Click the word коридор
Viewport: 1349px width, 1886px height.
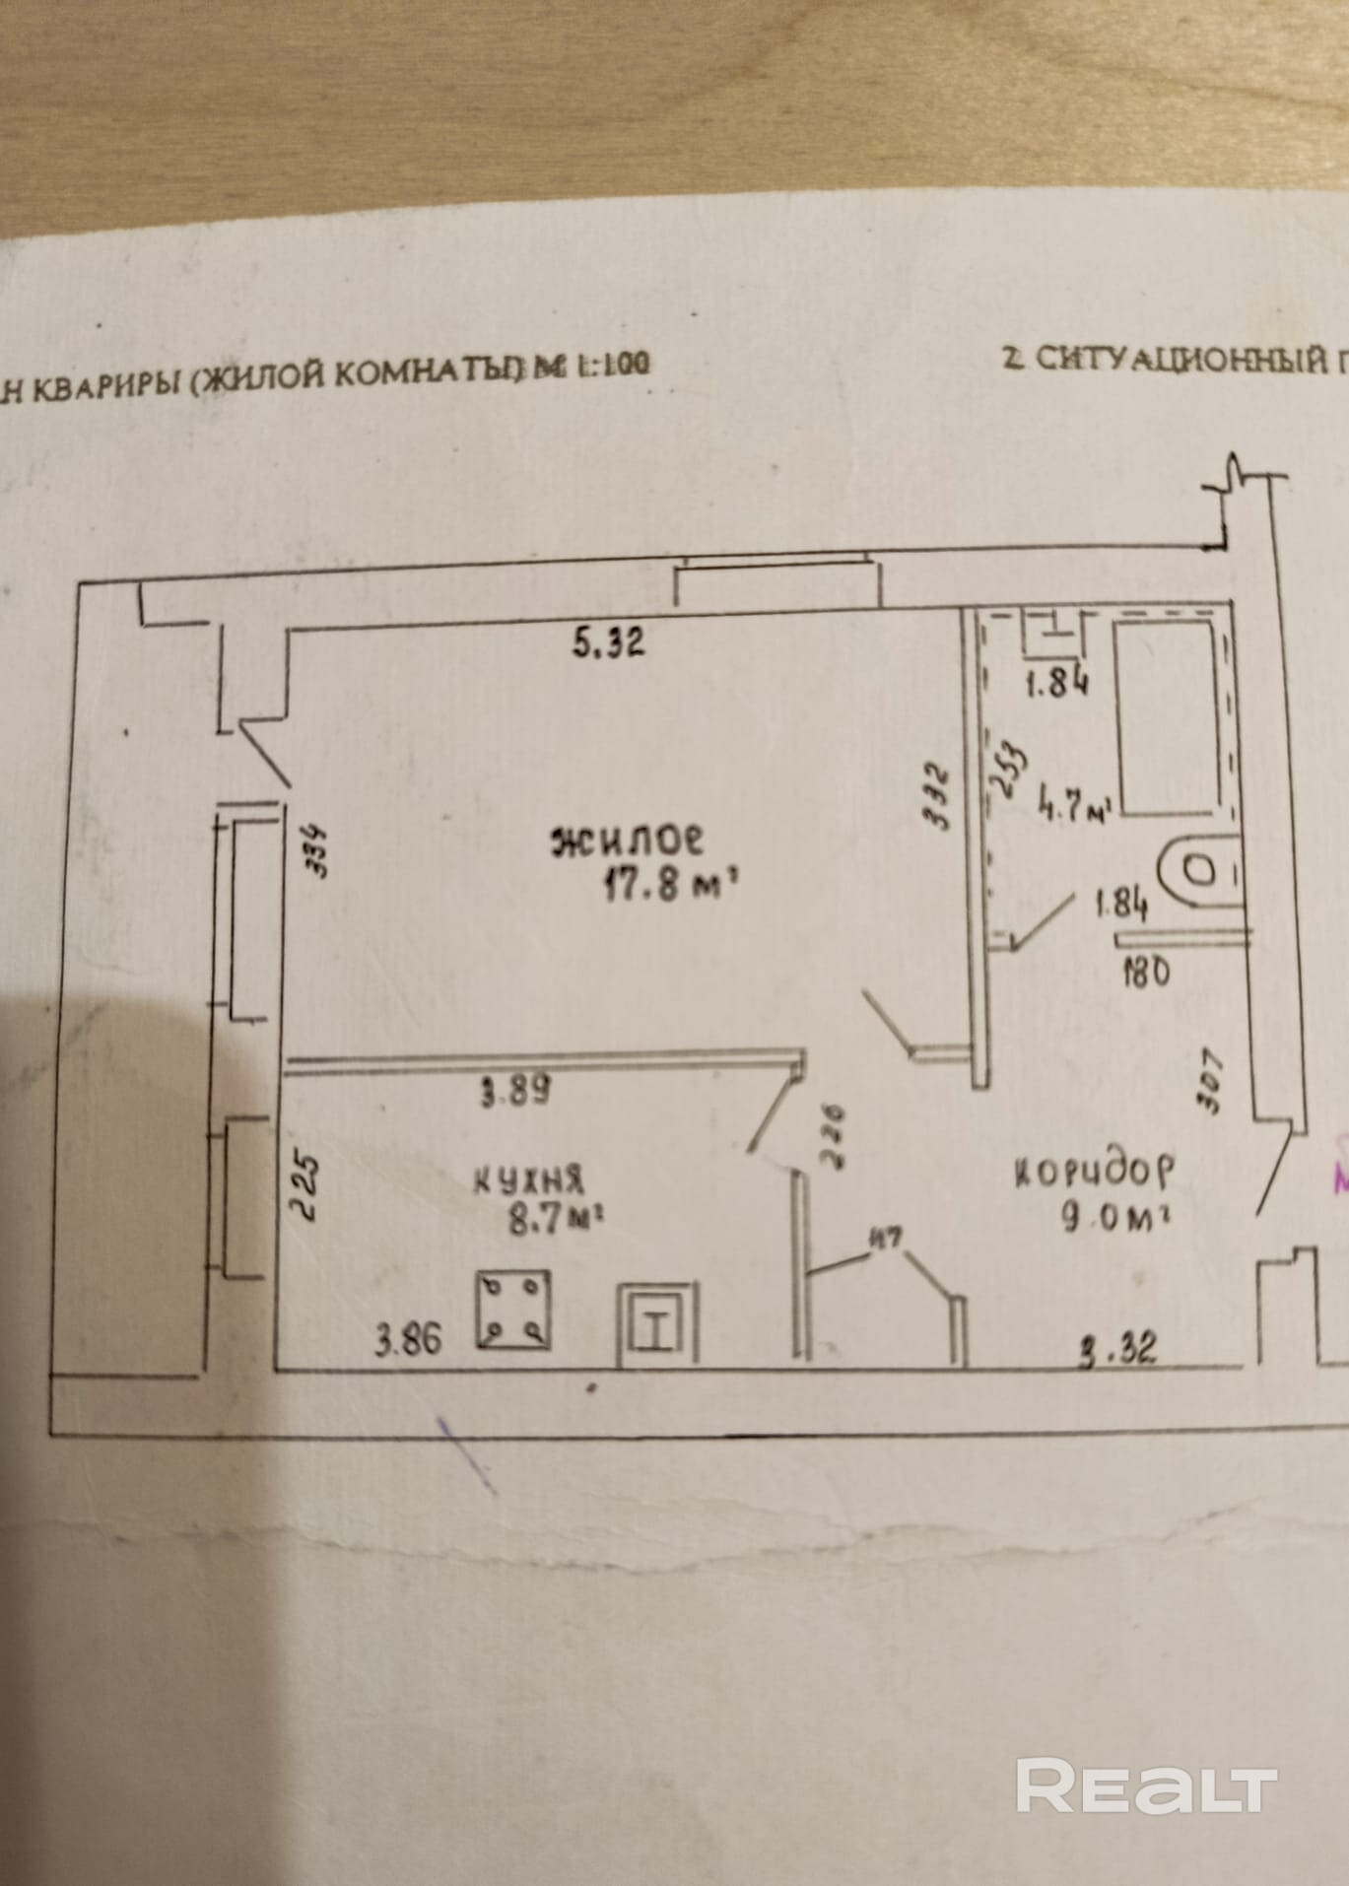[1095, 1172]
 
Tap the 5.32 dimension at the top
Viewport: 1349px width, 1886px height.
[608, 643]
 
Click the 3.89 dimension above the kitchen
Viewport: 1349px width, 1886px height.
[514, 1091]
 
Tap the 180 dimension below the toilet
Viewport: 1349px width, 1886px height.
[1145, 973]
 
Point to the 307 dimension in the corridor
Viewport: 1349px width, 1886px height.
[1211, 1080]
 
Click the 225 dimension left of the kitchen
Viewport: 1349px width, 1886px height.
[306, 1188]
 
